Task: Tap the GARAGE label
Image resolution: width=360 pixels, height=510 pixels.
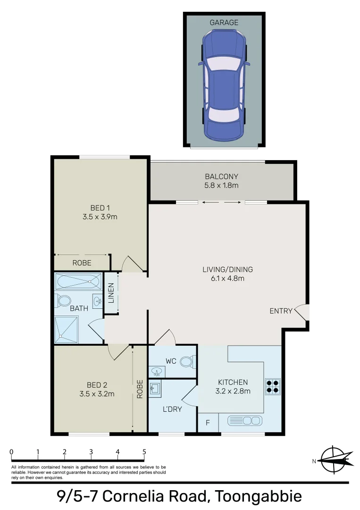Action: click(x=224, y=22)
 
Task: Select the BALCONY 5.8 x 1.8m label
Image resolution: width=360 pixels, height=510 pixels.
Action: click(x=222, y=181)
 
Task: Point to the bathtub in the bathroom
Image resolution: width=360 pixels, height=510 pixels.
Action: click(x=78, y=282)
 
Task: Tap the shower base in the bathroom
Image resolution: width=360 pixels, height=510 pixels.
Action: click(x=66, y=328)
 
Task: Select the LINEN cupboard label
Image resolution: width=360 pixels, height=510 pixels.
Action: click(x=111, y=293)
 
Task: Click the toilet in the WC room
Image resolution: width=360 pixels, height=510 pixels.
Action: click(x=187, y=362)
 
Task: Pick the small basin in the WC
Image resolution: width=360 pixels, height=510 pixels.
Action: click(x=156, y=372)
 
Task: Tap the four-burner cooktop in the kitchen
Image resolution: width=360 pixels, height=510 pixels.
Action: click(x=273, y=386)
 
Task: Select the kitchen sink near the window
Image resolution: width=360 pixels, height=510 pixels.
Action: click(x=244, y=420)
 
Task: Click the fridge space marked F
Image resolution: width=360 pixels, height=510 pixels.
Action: click(x=208, y=423)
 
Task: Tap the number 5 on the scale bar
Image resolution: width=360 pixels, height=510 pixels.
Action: click(x=144, y=452)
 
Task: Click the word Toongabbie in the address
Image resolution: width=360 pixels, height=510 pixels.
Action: click(x=258, y=496)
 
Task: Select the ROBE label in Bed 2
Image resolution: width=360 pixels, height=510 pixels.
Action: click(x=140, y=390)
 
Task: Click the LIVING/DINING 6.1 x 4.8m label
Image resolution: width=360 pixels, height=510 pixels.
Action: click(x=227, y=274)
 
